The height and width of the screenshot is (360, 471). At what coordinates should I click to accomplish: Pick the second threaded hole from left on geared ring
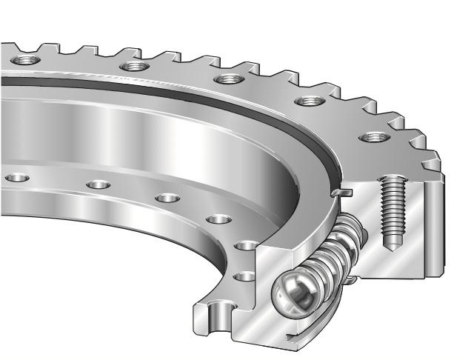[133, 67]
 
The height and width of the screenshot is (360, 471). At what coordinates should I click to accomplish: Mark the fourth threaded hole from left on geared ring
[305, 101]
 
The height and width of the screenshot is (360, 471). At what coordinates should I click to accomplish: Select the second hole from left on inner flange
[98, 185]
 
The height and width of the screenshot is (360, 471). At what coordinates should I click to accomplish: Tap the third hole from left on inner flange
[167, 199]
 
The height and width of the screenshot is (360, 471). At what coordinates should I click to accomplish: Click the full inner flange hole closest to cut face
[218, 219]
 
